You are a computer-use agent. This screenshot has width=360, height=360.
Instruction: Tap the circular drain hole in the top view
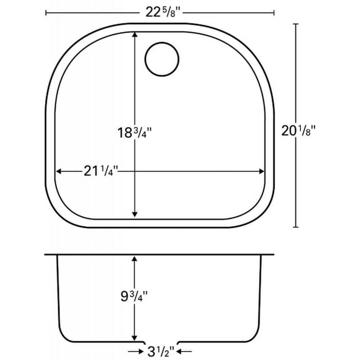pyautogui.click(x=162, y=59)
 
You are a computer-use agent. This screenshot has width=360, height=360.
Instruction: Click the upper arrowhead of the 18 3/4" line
pyautogui.click(x=135, y=34)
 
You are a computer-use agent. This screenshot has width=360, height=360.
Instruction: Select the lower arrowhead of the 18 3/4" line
pyautogui.click(x=135, y=214)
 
